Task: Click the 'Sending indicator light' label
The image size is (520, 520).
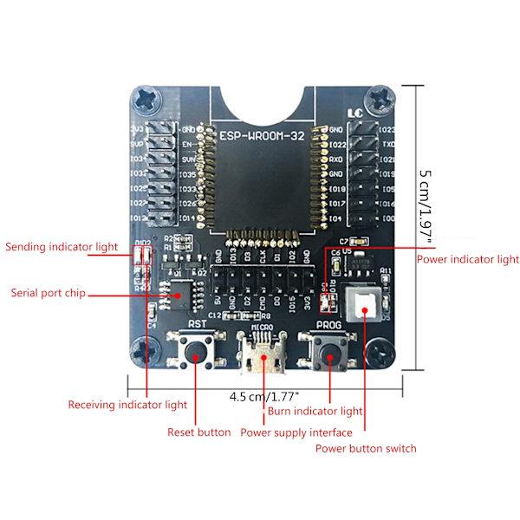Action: coord(62,247)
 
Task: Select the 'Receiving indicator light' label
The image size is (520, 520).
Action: coord(127,405)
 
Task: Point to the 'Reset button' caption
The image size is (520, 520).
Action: coord(199,432)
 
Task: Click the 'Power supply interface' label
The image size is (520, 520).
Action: coord(296,432)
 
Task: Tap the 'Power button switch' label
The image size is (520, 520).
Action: coord(366,448)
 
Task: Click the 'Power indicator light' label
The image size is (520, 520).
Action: coord(468,259)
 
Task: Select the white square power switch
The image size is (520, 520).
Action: coord(362,304)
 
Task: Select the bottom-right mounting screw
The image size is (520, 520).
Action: coord(379,351)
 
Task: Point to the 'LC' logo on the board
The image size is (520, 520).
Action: coord(354,112)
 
